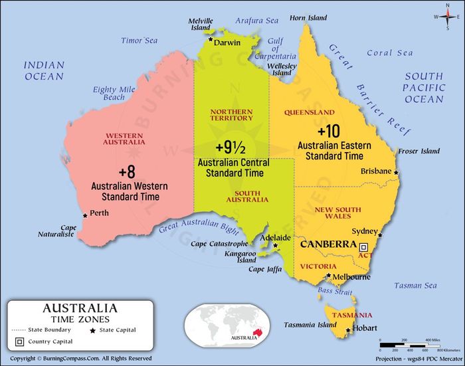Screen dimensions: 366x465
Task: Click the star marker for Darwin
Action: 211,39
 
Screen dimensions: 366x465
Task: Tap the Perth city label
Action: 100,213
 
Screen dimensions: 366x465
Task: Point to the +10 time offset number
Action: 329,130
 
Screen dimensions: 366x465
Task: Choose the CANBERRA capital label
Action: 329,244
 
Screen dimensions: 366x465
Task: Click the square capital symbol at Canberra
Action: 363,246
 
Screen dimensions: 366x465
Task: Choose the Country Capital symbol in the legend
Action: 20,341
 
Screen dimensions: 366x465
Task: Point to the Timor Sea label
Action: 139,41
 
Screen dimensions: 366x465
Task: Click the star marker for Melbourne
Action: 328,275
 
